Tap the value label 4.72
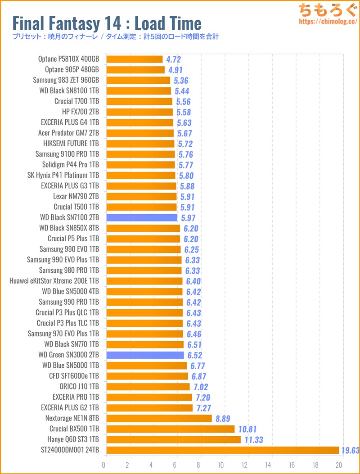pyautogui.click(x=174, y=59)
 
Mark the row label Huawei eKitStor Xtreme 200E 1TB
pyautogui.click(x=54, y=281)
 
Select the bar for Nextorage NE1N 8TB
pyautogui.click(x=158, y=419)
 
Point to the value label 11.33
pyautogui.click(x=254, y=439)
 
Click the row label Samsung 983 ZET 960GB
pyautogui.click(x=66, y=80)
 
